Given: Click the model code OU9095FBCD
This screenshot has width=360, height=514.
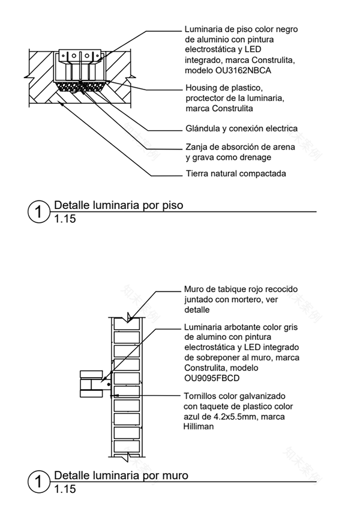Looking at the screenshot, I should pos(213,378).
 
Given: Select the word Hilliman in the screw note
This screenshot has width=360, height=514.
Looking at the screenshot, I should pos(199,427).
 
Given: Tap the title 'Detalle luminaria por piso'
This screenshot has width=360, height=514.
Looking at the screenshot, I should pos(119,205).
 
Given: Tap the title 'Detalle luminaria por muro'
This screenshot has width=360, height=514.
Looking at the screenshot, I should pos(121,476).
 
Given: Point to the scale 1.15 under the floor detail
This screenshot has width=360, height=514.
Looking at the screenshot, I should pos(65,219).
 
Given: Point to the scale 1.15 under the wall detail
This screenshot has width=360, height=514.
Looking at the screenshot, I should pos(65,489).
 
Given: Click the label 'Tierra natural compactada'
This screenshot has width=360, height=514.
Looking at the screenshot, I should pos(236,174).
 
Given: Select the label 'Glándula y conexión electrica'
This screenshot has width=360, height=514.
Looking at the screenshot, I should pos(241,128).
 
